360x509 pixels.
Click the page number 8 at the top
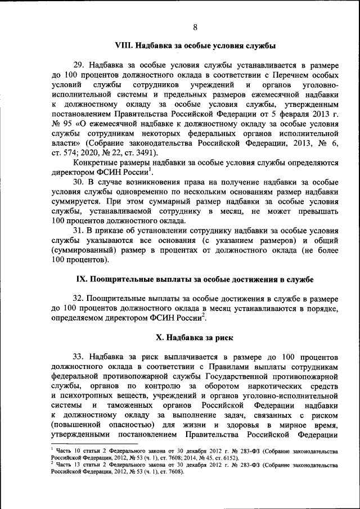point(195,28)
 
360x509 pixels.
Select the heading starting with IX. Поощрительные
point(195,279)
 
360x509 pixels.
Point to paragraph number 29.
point(78,65)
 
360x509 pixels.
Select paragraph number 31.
point(78,231)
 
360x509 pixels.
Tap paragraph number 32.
point(78,298)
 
